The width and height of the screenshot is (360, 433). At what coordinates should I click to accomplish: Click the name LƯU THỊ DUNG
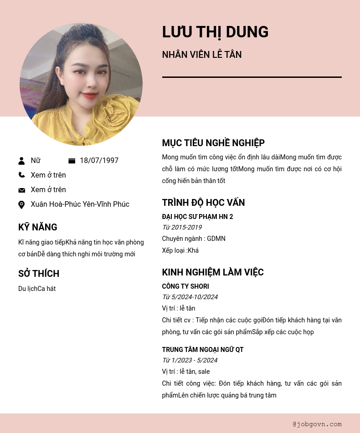tap(215, 32)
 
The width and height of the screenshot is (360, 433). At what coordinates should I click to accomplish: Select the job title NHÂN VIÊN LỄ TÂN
tap(202, 55)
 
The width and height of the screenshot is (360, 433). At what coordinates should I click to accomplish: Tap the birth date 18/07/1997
tap(99, 161)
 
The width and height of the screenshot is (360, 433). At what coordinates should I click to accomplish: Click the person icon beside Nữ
tap(21, 161)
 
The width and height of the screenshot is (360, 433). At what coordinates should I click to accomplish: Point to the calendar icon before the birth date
tap(72, 161)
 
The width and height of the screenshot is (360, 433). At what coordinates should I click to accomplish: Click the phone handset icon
tap(21, 175)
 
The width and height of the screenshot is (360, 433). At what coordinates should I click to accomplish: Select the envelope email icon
tap(21, 190)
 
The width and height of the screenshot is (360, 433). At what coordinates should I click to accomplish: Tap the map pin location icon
tap(21, 205)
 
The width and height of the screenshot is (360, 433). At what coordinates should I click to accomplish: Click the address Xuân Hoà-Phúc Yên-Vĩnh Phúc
tap(80, 204)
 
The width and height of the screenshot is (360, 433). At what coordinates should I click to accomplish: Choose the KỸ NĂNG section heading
tap(38, 227)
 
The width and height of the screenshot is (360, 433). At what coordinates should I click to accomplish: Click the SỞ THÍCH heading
tap(39, 274)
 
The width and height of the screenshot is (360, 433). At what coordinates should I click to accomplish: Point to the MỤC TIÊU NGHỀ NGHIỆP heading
tap(213, 143)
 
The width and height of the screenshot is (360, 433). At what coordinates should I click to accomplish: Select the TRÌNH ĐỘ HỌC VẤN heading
tap(203, 203)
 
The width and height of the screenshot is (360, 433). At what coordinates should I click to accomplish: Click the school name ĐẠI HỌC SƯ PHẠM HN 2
tap(197, 217)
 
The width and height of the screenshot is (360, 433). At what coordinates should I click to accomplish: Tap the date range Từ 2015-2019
tap(182, 227)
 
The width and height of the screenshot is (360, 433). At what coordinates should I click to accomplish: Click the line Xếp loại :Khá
tap(180, 250)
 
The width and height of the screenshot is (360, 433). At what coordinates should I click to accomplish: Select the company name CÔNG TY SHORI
tap(185, 286)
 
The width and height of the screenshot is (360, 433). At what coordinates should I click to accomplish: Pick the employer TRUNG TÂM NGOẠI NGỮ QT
tap(203, 350)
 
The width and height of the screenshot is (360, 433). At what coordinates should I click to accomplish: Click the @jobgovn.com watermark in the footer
tap(317, 424)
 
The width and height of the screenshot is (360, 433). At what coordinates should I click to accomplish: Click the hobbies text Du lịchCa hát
tap(37, 289)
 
